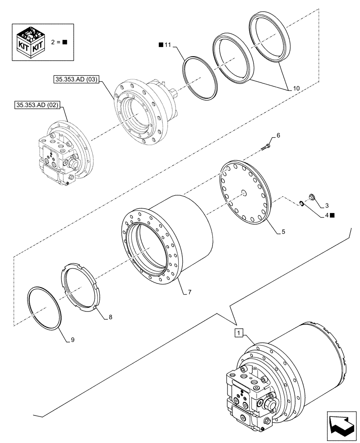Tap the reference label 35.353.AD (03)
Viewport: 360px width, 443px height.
tap(77, 80)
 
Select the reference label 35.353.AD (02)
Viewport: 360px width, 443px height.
tap(39, 105)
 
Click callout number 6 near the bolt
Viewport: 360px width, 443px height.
tap(278, 135)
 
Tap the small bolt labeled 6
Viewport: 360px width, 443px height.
tap(267, 144)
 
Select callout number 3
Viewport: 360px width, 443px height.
tap(326, 206)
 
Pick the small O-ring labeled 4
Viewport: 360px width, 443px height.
tap(301, 203)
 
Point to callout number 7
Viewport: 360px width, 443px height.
tap(189, 293)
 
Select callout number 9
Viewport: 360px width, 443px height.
tap(72, 340)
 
